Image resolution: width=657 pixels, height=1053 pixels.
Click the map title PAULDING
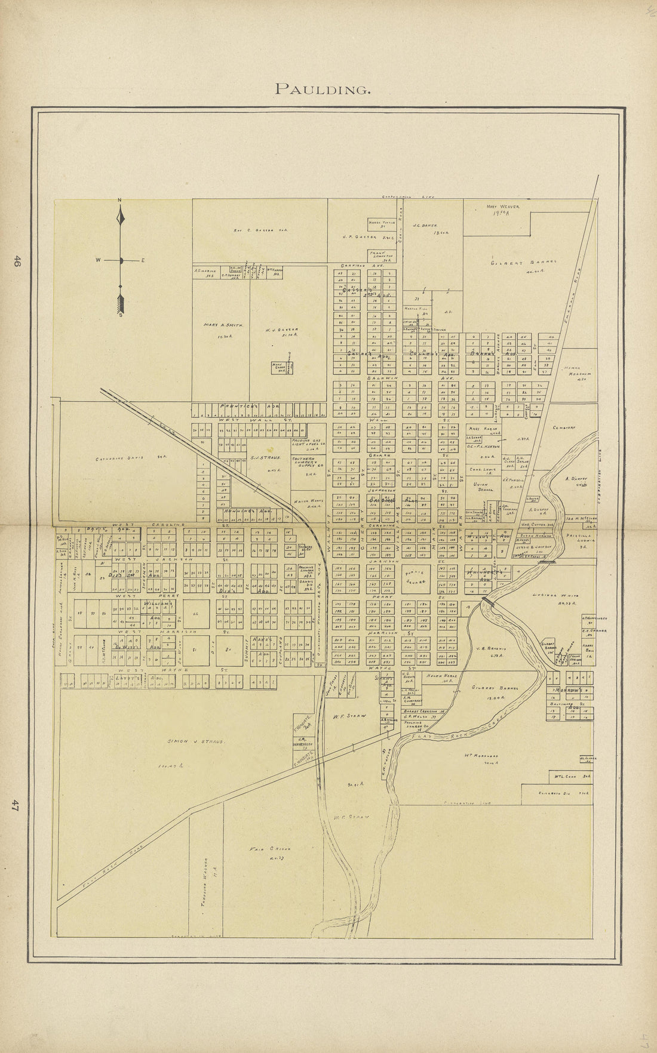coord(323,90)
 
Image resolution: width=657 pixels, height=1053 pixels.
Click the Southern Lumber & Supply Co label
coord(307,462)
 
